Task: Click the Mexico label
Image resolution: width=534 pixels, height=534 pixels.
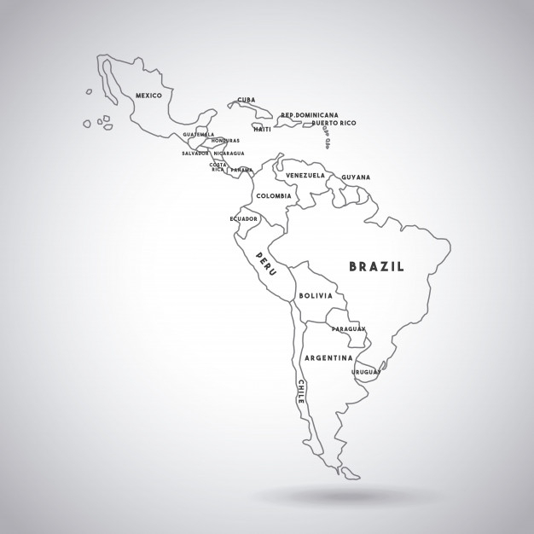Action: coord(148,96)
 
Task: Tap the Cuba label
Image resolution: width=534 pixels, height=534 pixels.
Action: coord(247,100)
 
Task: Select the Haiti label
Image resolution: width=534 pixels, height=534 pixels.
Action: coord(263,130)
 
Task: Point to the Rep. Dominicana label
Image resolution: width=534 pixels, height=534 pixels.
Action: coord(310,115)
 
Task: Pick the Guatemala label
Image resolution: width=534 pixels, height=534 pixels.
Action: coord(199,134)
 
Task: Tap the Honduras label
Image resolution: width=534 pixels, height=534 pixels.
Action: coord(225,141)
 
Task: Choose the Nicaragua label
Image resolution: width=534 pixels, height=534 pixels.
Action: coord(229,154)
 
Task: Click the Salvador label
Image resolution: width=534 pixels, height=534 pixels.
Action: coord(195,154)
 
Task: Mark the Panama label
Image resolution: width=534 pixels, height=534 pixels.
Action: coord(241,170)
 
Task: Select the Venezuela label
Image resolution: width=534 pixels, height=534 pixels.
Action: coord(305,176)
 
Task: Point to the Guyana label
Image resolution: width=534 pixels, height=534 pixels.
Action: coord(356,177)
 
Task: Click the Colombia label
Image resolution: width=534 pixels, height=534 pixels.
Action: coord(274,196)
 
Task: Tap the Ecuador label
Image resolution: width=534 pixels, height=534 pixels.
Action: coord(243,219)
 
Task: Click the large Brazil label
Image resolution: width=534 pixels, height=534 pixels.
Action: coord(377,267)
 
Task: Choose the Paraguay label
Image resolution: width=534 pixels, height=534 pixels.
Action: coord(349,328)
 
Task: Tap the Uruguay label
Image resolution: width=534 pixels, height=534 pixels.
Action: coord(366,372)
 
